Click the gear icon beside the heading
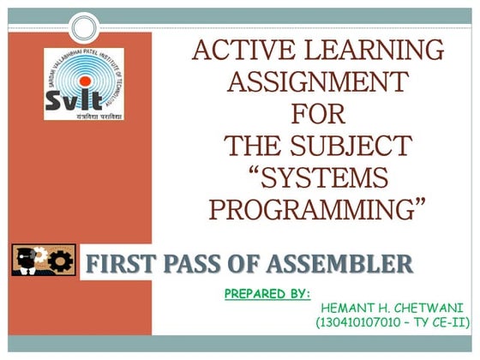point(60,261)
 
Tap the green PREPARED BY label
point(267,293)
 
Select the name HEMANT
point(345,307)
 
